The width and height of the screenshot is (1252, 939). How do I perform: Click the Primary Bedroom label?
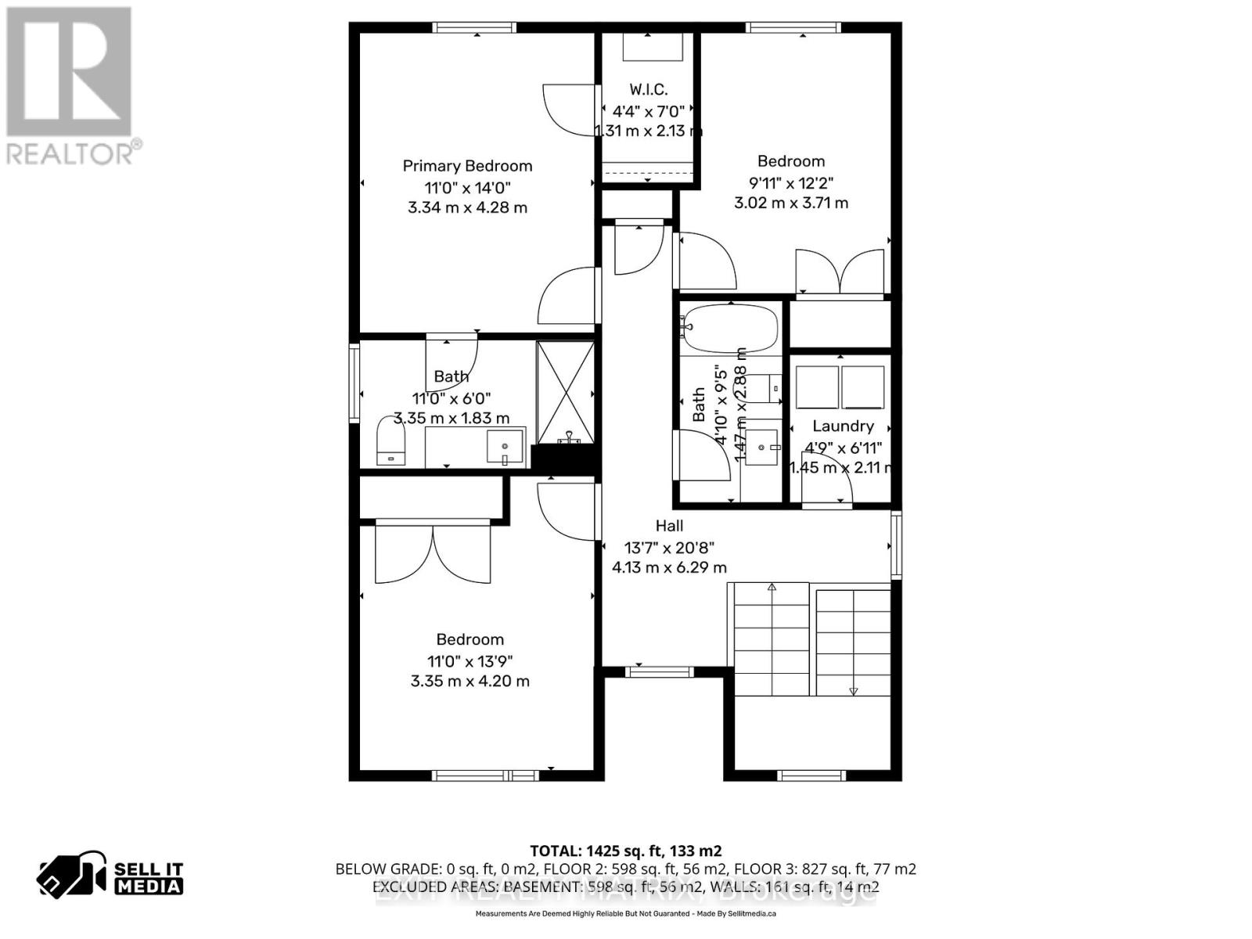(467, 166)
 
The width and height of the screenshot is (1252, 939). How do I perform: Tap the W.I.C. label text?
(648, 90)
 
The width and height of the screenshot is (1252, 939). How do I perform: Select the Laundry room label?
(843, 426)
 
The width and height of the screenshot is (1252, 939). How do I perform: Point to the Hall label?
(669, 526)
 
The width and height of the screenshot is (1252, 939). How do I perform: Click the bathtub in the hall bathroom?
(729, 329)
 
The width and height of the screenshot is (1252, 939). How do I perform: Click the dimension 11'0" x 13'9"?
(469, 660)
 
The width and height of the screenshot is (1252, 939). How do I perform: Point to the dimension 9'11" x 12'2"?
(790, 182)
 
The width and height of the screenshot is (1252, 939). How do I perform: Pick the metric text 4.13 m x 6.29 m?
(669, 567)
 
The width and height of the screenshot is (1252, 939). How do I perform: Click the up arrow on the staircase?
(772, 587)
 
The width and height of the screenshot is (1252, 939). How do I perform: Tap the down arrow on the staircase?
(853, 690)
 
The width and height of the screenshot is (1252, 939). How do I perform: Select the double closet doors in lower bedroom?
(433, 554)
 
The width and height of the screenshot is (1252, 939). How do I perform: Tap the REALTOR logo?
(70, 86)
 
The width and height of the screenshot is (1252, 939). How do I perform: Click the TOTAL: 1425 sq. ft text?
(625, 851)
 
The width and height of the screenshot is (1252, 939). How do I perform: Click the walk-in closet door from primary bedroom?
(567, 110)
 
